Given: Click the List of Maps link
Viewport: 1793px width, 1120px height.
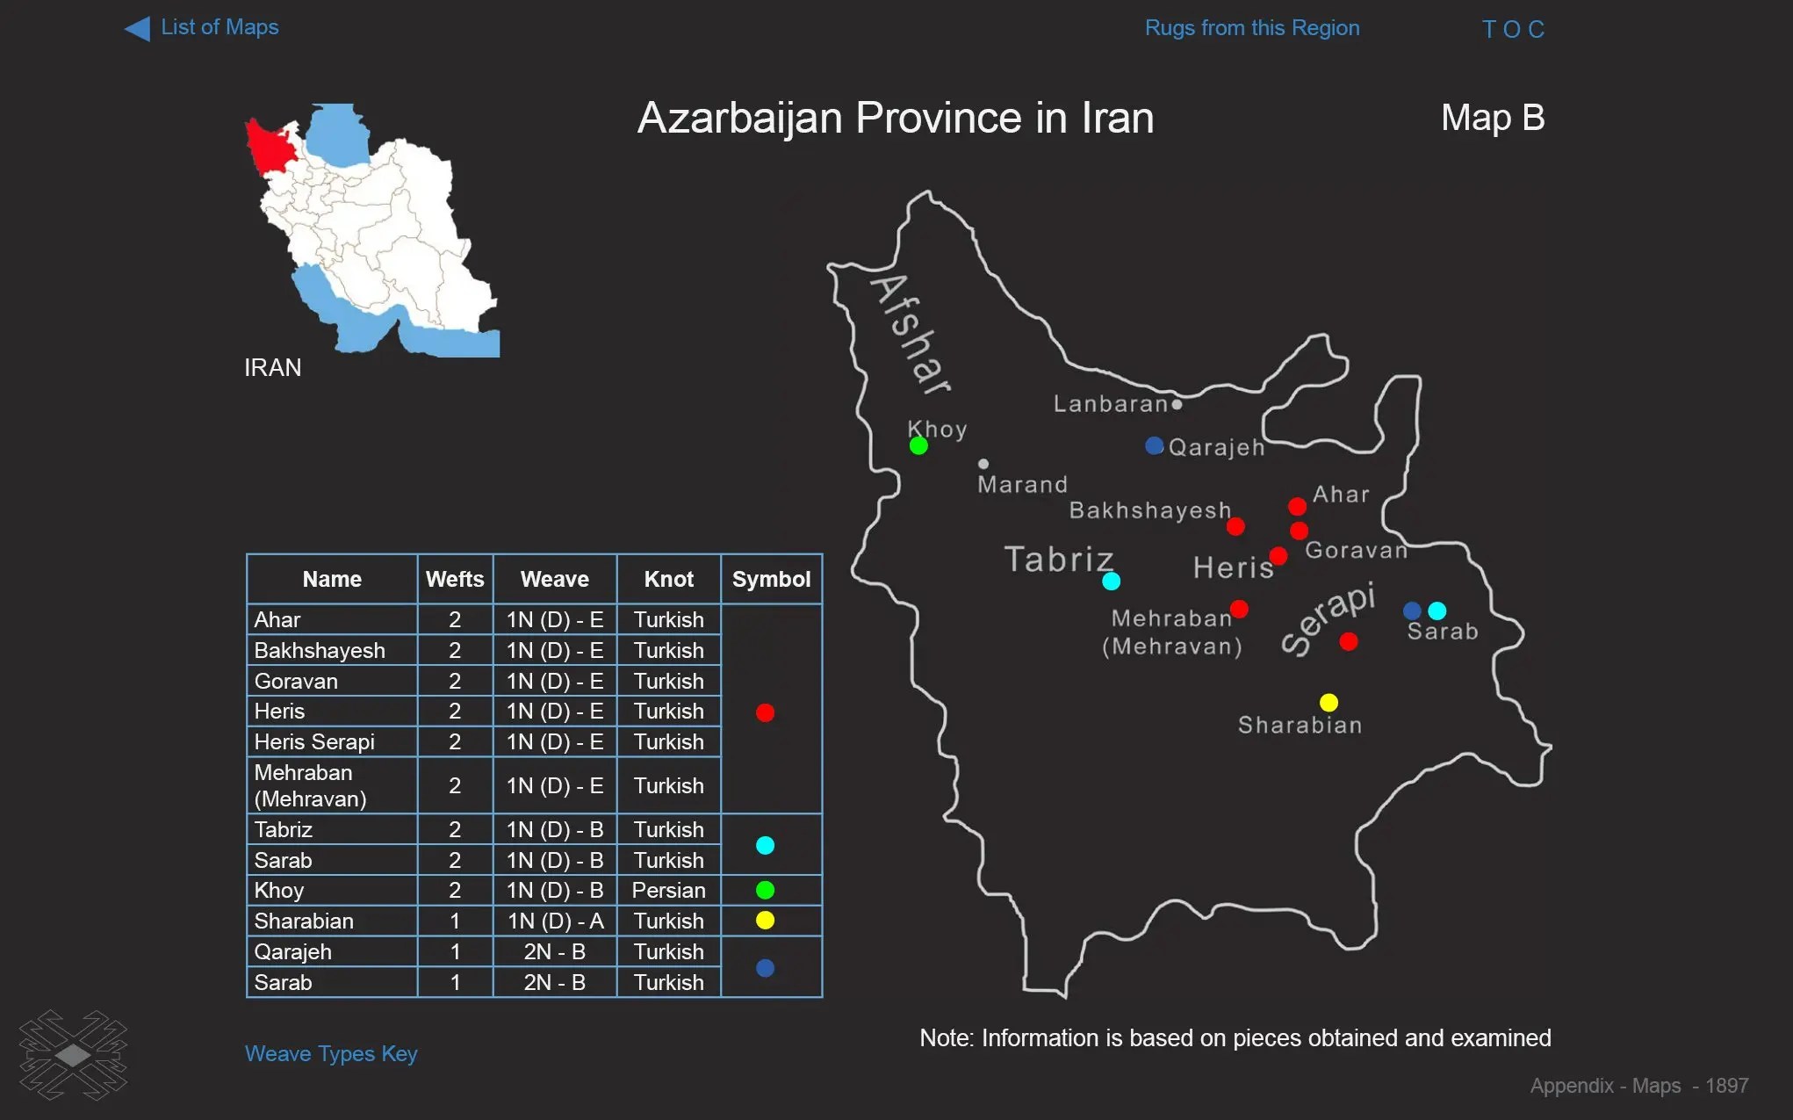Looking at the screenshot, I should (x=219, y=28).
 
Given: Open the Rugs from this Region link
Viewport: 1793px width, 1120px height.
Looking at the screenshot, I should (x=1251, y=28).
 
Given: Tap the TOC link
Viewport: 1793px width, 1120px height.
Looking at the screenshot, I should (x=1512, y=30).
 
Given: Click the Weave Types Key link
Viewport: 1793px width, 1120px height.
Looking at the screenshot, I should (x=331, y=1053).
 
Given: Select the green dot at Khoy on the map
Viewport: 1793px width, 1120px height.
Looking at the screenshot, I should (x=918, y=446).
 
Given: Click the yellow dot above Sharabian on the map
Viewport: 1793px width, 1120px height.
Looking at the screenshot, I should (x=1329, y=703).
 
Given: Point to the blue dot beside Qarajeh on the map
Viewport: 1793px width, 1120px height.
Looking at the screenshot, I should (x=1155, y=446).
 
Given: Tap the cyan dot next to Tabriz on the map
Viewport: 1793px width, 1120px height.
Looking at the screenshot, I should (x=1111, y=582).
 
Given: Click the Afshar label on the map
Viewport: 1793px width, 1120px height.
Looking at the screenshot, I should (x=911, y=334).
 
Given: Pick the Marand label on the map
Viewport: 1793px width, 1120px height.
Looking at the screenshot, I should (x=1022, y=485).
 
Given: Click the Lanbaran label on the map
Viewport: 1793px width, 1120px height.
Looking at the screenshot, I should (x=1110, y=404).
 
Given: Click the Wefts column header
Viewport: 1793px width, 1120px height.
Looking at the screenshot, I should (x=455, y=580).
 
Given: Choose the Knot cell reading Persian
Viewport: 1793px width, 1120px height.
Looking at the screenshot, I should (x=668, y=891).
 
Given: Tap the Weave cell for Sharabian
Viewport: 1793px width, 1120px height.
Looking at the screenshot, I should (x=555, y=921).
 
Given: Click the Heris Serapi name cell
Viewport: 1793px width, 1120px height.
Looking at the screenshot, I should (x=314, y=742).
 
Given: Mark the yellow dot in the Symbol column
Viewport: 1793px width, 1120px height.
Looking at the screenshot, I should (x=765, y=921).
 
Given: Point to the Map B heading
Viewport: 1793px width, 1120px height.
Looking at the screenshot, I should (x=1492, y=118).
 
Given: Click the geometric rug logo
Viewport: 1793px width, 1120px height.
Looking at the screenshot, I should (x=74, y=1055).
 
